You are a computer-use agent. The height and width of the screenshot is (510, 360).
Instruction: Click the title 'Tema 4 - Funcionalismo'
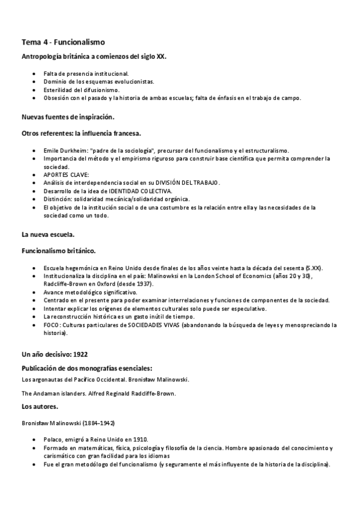tap(63, 41)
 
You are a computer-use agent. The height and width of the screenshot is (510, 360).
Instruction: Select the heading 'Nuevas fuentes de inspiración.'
tap(68, 116)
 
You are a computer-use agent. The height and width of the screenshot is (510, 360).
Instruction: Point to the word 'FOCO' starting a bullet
tap(50, 325)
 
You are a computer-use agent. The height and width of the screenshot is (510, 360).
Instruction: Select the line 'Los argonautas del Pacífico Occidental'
tap(79, 379)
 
